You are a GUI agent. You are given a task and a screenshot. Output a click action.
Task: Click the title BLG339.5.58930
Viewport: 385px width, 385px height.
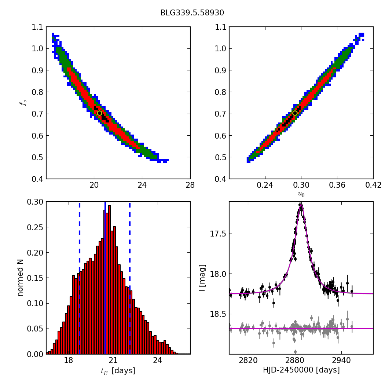[192, 13]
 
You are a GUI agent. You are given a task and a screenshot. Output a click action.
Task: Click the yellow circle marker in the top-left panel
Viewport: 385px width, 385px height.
[99, 113]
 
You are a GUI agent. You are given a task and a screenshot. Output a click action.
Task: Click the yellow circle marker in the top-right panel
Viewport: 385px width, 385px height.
[295, 113]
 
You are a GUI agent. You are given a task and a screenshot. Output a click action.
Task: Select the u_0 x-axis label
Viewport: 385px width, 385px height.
[301, 195]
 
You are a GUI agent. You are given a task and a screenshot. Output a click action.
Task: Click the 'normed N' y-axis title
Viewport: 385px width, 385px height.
[21, 278]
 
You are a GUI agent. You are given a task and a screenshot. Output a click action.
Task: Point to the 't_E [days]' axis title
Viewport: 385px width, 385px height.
[118, 371]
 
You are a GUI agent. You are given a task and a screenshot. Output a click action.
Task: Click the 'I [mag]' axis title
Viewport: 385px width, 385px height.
[202, 278]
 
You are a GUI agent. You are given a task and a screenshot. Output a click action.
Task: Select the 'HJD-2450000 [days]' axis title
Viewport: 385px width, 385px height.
[301, 370]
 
